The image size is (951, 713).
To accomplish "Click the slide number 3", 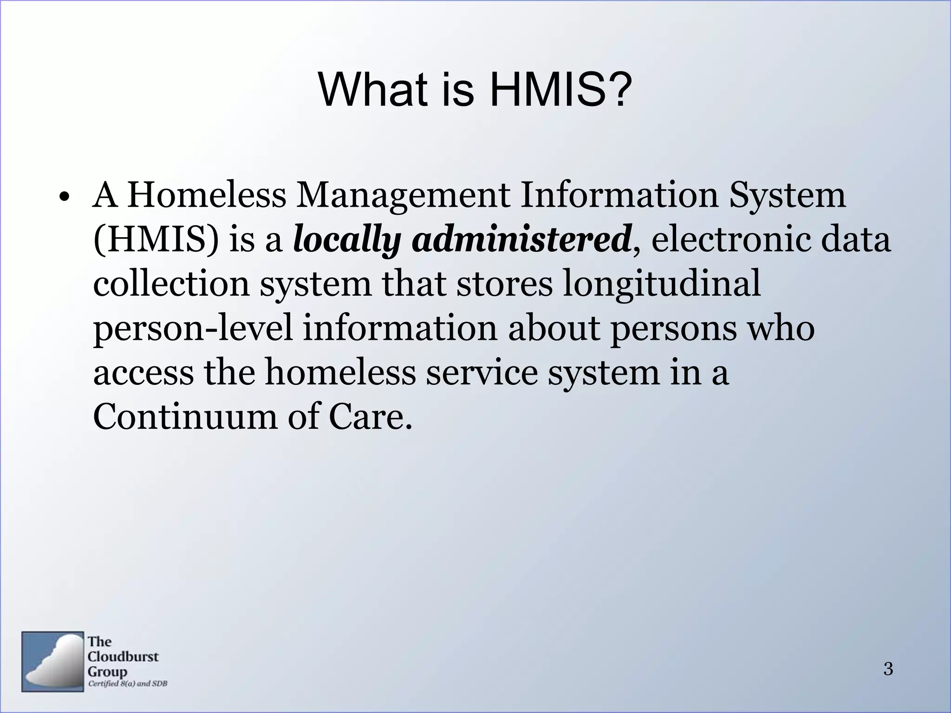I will (x=888, y=669).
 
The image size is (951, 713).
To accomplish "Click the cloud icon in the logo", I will (x=52, y=661).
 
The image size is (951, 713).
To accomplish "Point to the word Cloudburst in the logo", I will (x=123, y=656).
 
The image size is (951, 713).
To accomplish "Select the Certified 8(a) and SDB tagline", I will (x=128, y=684).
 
